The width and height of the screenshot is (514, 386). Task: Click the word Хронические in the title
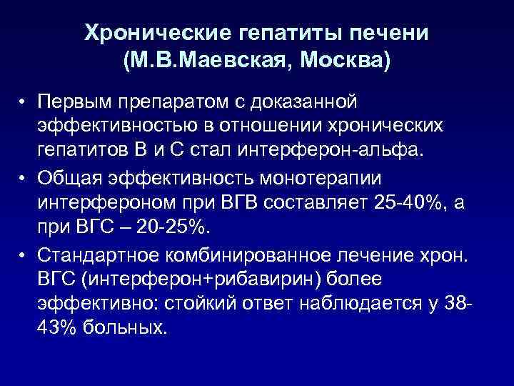146,33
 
